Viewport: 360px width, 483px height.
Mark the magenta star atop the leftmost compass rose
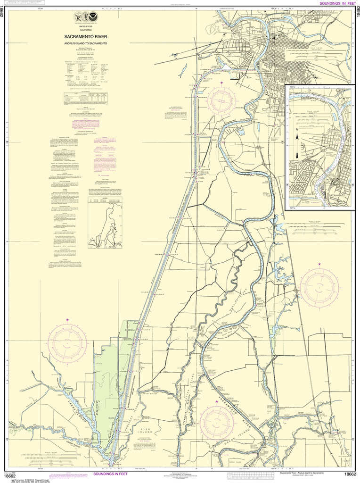[67, 320]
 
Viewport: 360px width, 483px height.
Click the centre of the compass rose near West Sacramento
[222, 100]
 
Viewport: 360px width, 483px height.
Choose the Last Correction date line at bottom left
[28, 476]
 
